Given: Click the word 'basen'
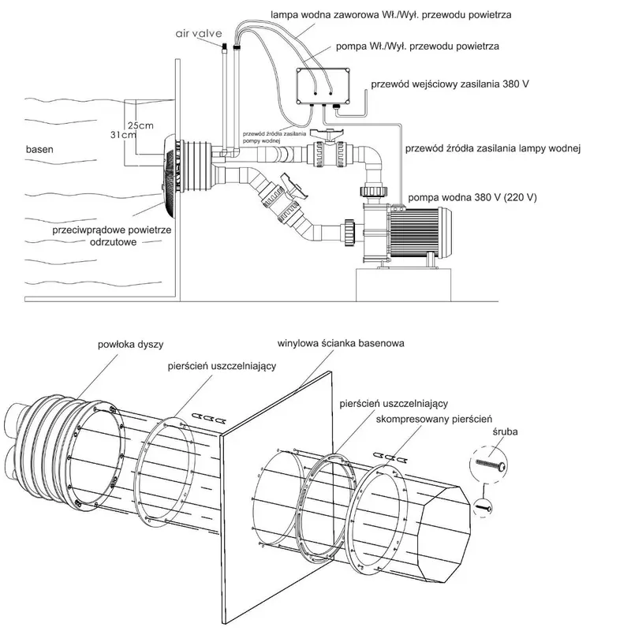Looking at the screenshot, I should pyautogui.click(x=39, y=149).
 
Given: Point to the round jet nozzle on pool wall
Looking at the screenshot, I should pyautogui.click(x=168, y=167).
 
